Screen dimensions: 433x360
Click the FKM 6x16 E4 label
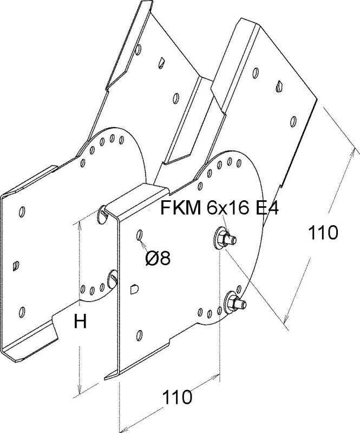coord(219,207)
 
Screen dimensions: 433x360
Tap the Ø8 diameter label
coord(158,259)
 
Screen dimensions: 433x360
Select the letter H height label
coord(80,323)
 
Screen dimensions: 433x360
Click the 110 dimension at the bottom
coord(176,398)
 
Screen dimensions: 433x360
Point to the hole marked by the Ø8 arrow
coord(140,235)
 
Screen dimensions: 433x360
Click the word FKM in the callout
coord(181,207)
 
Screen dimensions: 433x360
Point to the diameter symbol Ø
coord(152,259)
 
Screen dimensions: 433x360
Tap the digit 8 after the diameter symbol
coord(165,259)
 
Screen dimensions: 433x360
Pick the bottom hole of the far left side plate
coord(22,311)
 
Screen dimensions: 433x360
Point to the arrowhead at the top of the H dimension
coord(80,223)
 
